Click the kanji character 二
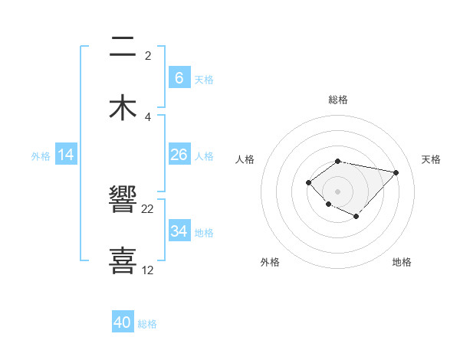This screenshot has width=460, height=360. pyautogui.click(x=123, y=47)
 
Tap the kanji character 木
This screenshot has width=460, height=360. pyautogui.click(x=123, y=107)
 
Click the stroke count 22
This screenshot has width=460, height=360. pyautogui.click(x=148, y=209)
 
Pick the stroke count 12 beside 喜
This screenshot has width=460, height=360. pyautogui.click(x=148, y=270)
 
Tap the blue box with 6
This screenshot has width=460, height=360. pyautogui.click(x=179, y=78)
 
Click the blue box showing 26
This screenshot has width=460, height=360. pyautogui.click(x=179, y=155)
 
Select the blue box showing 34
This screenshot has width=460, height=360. pyautogui.click(x=179, y=231)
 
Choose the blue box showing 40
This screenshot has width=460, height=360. pyautogui.click(x=123, y=322)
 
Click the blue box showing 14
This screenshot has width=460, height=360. pyautogui.click(x=66, y=155)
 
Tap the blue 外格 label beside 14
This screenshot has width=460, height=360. pyautogui.click(x=41, y=156)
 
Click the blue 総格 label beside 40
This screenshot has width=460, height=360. pyautogui.click(x=147, y=324)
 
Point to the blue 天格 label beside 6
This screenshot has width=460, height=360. pyautogui.click(x=204, y=79)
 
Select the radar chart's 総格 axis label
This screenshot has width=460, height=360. pyautogui.click(x=338, y=100)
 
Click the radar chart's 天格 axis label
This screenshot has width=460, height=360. pyautogui.click(x=431, y=159)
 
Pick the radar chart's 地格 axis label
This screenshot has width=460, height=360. pyautogui.click(x=402, y=262)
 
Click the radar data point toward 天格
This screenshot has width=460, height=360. pyautogui.click(x=396, y=172)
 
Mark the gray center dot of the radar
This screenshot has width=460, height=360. pyautogui.click(x=338, y=191)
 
